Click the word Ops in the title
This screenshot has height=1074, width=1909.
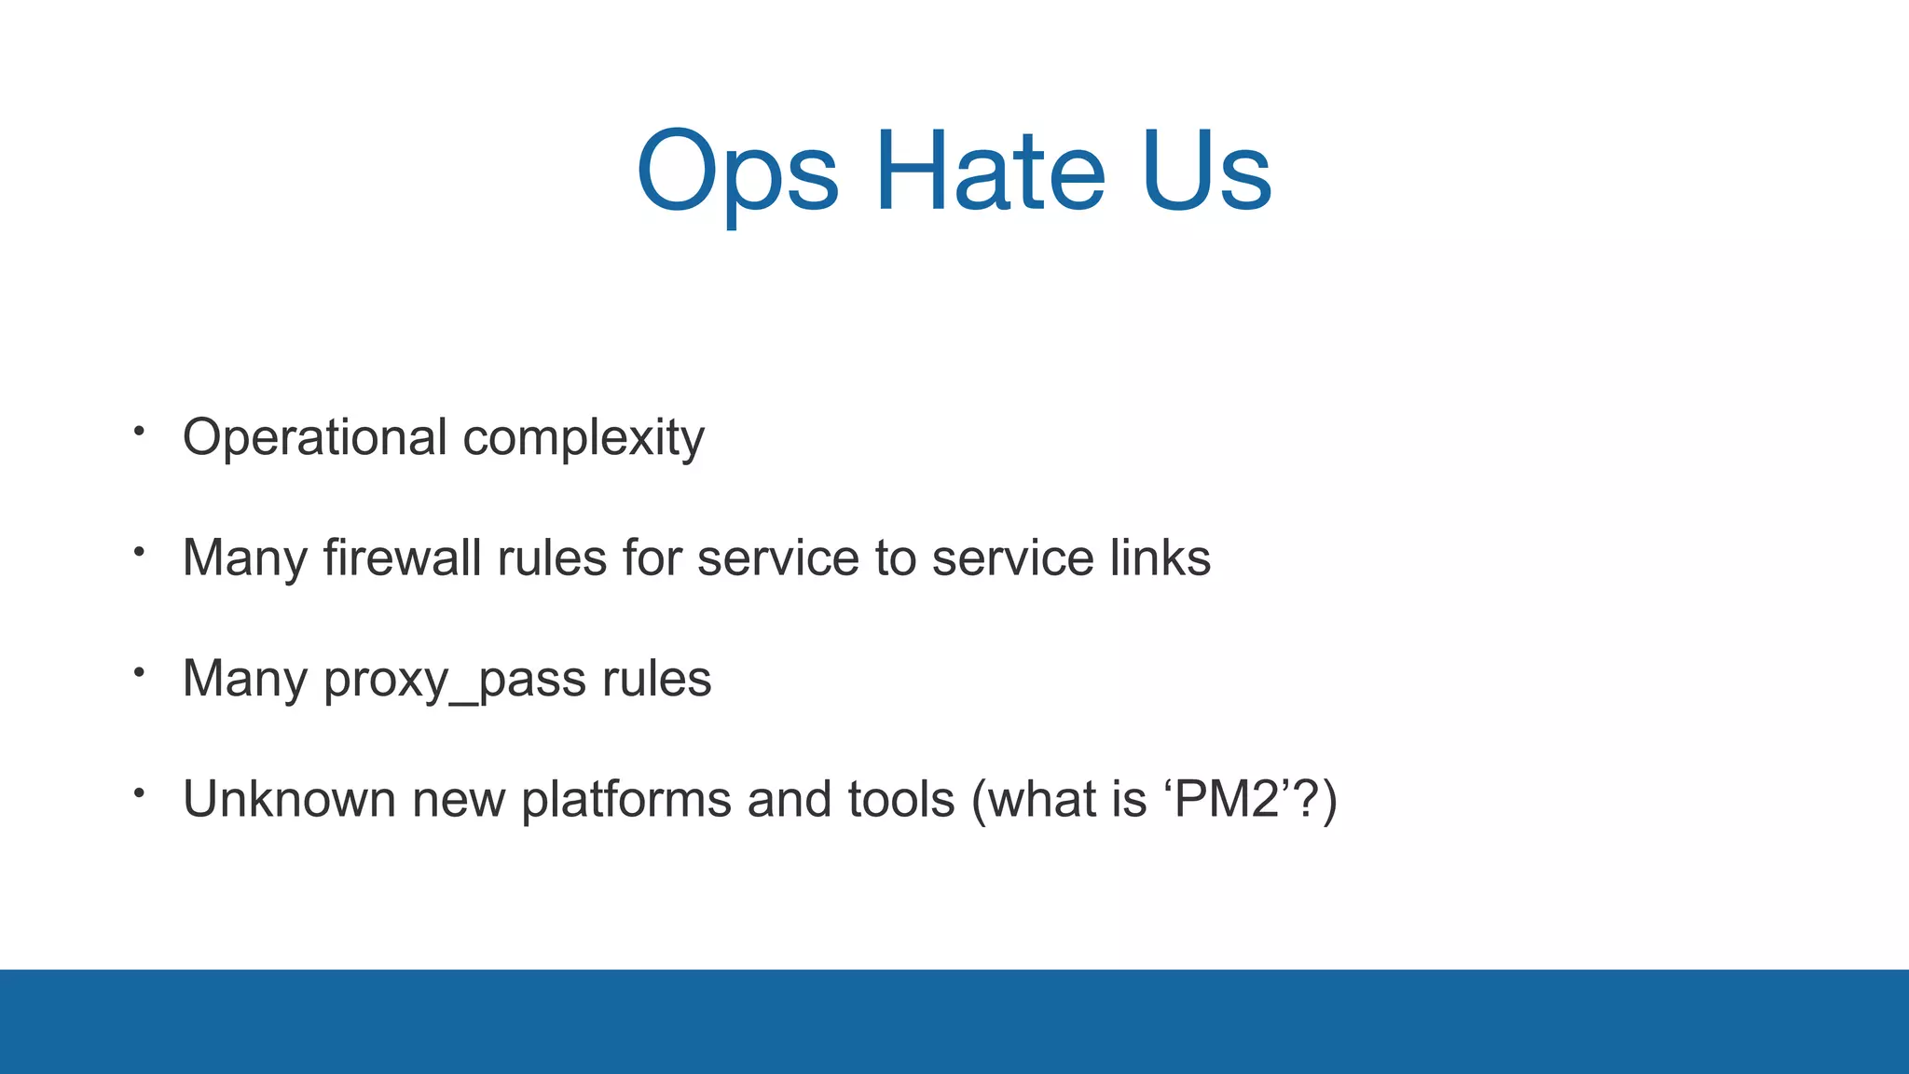[x=737, y=173]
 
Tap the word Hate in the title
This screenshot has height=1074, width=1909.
[x=990, y=172]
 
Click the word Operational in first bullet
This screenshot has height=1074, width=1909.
[x=315, y=438]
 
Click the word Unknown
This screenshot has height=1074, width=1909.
[x=289, y=800]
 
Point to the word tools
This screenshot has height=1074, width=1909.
[x=901, y=800]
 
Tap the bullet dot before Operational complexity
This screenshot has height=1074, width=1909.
[x=139, y=431]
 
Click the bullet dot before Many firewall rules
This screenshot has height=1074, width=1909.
[x=139, y=552]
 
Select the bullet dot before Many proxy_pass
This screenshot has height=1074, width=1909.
[x=139, y=671]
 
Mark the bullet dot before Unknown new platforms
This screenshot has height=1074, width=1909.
[x=139, y=792]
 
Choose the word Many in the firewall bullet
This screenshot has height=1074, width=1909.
[x=245, y=560]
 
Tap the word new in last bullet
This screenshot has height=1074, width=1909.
[x=458, y=801]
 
